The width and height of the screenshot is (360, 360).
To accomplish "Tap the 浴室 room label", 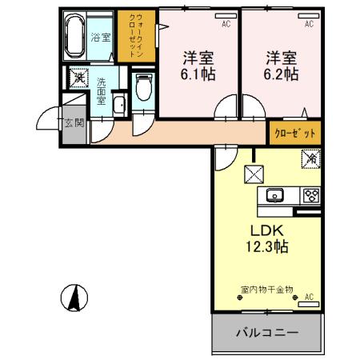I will (100, 37).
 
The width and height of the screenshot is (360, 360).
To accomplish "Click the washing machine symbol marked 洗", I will (78, 78).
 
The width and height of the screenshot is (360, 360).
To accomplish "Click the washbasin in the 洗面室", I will (118, 105).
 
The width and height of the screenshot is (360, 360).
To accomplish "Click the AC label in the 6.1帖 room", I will (226, 24).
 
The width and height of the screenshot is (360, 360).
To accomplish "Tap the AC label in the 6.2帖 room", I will (308, 24).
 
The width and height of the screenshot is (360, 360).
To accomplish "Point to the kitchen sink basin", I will (274, 194).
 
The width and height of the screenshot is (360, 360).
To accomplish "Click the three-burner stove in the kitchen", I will (310, 194).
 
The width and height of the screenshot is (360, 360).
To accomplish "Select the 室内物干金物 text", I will (266, 289).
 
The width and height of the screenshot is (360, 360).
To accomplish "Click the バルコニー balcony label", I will (267, 332).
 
